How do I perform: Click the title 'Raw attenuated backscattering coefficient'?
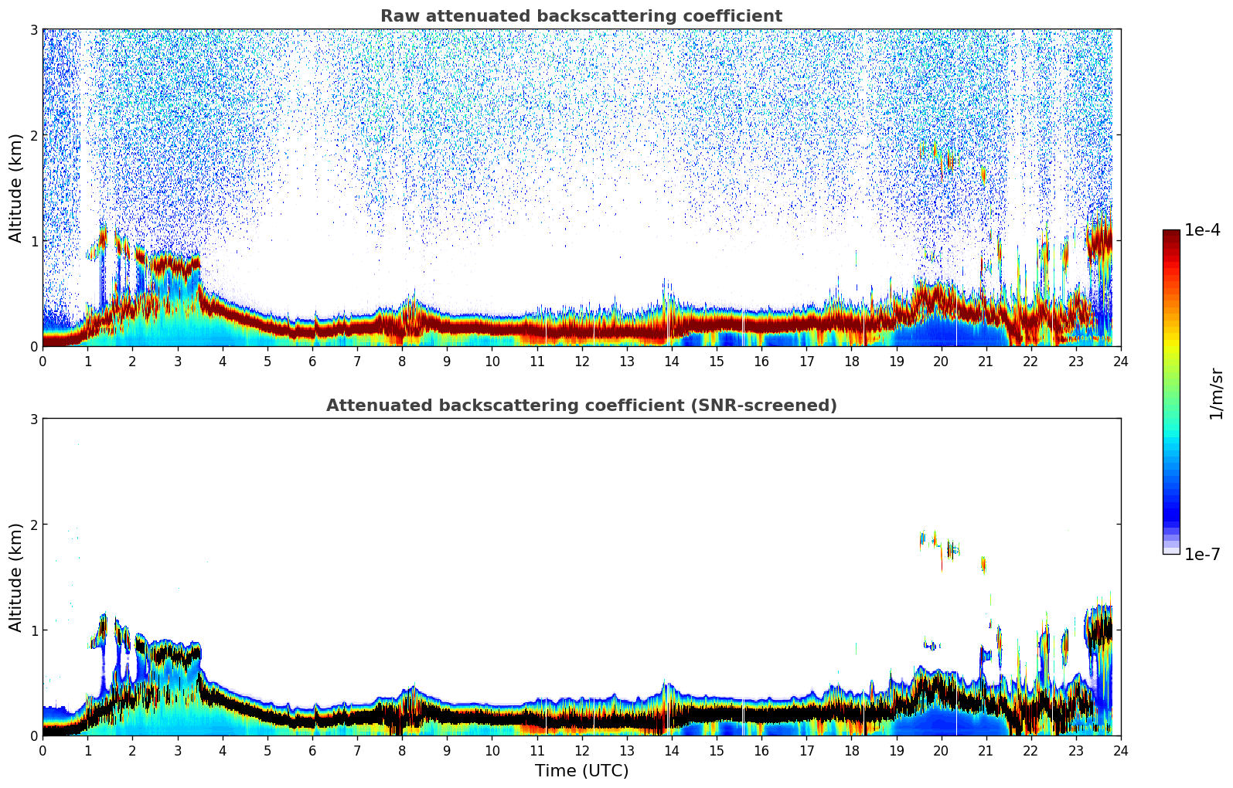pyautogui.click(x=581, y=16)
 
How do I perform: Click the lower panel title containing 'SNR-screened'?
pyautogui.click(x=581, y=406)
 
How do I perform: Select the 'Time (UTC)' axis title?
pyautogui.click(x=581, y=771)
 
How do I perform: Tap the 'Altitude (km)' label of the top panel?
pyautogui.click(x=15, y=188)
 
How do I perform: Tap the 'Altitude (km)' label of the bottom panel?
pyautogui.click(x=15, y=577)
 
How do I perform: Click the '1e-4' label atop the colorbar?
pyautogui.click(x=1202, y=230)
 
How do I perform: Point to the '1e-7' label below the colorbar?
pyautogui.click(x=1202, y=555)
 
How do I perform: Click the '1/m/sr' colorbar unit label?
pyautogui.click(x=1216, y=393)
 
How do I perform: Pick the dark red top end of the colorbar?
pyautogui.click(x=1170, y=233)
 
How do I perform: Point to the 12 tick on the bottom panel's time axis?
pyautogui.click(x=581, y=751)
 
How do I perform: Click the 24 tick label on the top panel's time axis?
pyautogui.click(x=1120, y=362)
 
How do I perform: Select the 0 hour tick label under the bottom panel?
pyautogui.click(x=43, y=751)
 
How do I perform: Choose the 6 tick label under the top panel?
pyautogui.click(x=312, y=362)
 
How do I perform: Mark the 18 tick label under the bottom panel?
pyautogui.click(x=851, y=751)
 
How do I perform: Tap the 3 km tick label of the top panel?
pyautogui.click(x=33, y=29)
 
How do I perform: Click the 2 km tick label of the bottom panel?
pyautogui.click(x=33, y=525)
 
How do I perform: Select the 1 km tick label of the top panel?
pyautogui.click(x=33, y=241)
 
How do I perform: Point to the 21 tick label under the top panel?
pyautogui.click(x=986, y=362)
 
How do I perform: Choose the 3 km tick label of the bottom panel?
pyautogui.click(x=33, y=419)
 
